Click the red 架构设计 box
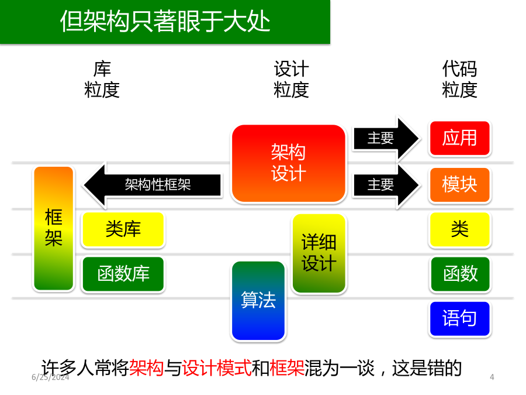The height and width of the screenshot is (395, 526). (289, 164)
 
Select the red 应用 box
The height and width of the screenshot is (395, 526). (459, 138)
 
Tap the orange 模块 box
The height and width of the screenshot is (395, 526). (459, 185)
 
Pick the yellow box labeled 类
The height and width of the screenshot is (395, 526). (459, 229)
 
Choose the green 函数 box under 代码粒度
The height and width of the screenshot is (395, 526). (459, 274)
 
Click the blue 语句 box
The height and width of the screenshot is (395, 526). (459, 318)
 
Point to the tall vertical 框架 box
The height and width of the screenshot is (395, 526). (54, 228)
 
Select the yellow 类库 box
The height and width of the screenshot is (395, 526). (123, 229)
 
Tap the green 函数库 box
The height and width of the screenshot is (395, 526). (123, 274)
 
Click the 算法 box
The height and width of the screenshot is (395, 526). (258, 301)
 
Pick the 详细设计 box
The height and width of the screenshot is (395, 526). (319, 253)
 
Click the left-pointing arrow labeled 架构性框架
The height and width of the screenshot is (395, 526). (153, 185)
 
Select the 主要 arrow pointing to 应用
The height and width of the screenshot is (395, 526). (386, 138)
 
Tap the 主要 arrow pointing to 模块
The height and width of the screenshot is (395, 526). (386, 185)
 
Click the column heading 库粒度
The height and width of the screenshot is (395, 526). (102, 80)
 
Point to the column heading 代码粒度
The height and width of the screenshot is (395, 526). (459, 80)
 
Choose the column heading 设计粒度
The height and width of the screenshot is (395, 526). (291, 80)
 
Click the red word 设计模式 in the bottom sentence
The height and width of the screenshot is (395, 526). (217, 368)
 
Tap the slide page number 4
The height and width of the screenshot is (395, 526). (492, 377)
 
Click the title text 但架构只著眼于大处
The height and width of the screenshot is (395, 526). (165, 22)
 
